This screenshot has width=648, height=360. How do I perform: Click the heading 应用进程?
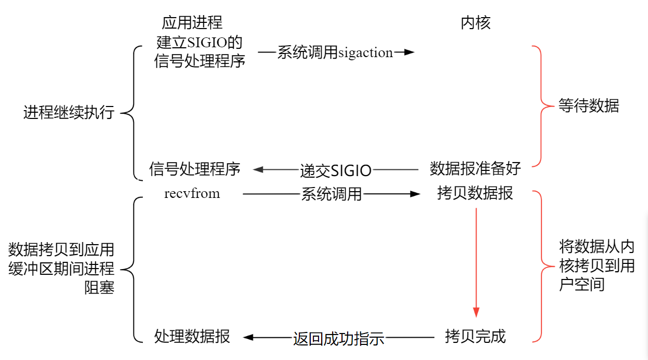(192, 23)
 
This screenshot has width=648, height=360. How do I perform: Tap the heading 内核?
(475, 23)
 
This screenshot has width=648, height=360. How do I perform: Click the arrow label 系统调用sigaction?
(335, 52)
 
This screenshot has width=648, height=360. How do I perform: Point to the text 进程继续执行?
(69, 113)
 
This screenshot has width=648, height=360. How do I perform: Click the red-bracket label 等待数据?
(589, 106)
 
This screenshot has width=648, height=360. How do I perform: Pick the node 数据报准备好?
(475, 169)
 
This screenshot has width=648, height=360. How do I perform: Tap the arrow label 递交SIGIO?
(336, 170)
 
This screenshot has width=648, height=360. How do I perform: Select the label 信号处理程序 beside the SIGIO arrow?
(194, 169)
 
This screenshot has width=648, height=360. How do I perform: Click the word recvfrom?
(192, 194)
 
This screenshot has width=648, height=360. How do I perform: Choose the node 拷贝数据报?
(475, 193)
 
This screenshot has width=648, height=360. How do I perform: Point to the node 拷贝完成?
(475, 337)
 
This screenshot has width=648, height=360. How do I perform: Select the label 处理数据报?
(192, 337)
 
